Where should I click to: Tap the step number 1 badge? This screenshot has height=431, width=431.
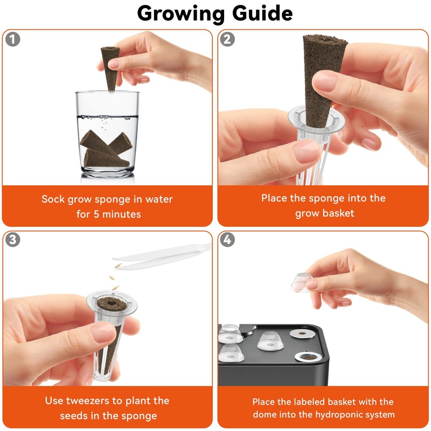tap(12, 39)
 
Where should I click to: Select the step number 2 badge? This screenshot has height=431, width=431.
tap(227, 39)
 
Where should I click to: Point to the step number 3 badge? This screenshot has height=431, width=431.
tap(12, 240)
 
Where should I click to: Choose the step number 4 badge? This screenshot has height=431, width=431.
tap(227, 240)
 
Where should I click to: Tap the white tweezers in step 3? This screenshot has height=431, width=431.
tap(162, 256)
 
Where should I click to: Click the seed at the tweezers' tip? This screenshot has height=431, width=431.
tap(119, 265)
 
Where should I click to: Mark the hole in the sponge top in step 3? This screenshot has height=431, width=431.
tap(112, 303)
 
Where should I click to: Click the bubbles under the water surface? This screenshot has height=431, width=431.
tap(104, 120)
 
